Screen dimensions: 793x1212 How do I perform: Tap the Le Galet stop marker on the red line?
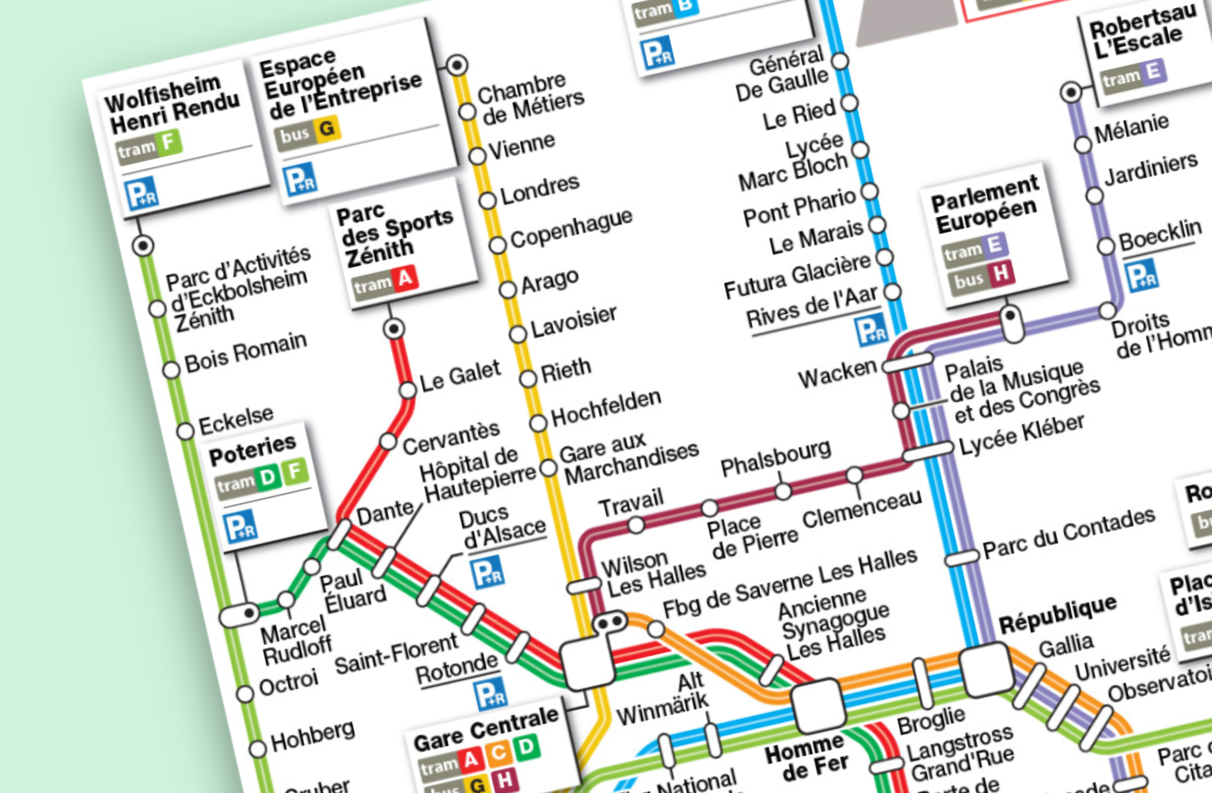[x=408, y=390]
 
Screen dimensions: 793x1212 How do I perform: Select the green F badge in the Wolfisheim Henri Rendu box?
[x=168, y=142]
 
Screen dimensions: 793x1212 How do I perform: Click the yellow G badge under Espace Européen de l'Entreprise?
[x=326, y=128]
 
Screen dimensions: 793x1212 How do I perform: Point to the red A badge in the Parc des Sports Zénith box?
[x=405, y=278]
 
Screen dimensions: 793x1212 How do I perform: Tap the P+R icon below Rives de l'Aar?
[x=870, y=330]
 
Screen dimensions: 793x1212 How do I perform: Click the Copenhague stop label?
[x=571, y=228]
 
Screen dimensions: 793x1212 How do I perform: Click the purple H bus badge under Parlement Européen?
[x=1000, y=273]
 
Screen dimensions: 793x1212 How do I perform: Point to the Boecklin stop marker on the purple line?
[x=1106, y=246]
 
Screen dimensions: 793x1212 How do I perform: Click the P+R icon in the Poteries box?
[x=240, y=526]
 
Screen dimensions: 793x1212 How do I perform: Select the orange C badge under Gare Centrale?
[x=498, y=753]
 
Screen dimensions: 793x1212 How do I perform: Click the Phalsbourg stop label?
[x=775, y=458]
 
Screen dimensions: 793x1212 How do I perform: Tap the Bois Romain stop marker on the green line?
[x=172, y=370]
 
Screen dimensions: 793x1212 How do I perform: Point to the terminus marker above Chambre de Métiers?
[x=457, y=65]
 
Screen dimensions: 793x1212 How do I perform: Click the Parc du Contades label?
[x=1068, y=532]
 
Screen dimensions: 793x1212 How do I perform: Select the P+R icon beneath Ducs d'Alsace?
[x=487, y=573]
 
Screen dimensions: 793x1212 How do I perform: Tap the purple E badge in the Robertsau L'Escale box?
[x=1153, y=72]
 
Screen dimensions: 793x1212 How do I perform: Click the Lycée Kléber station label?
[x=1021, y=434]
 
